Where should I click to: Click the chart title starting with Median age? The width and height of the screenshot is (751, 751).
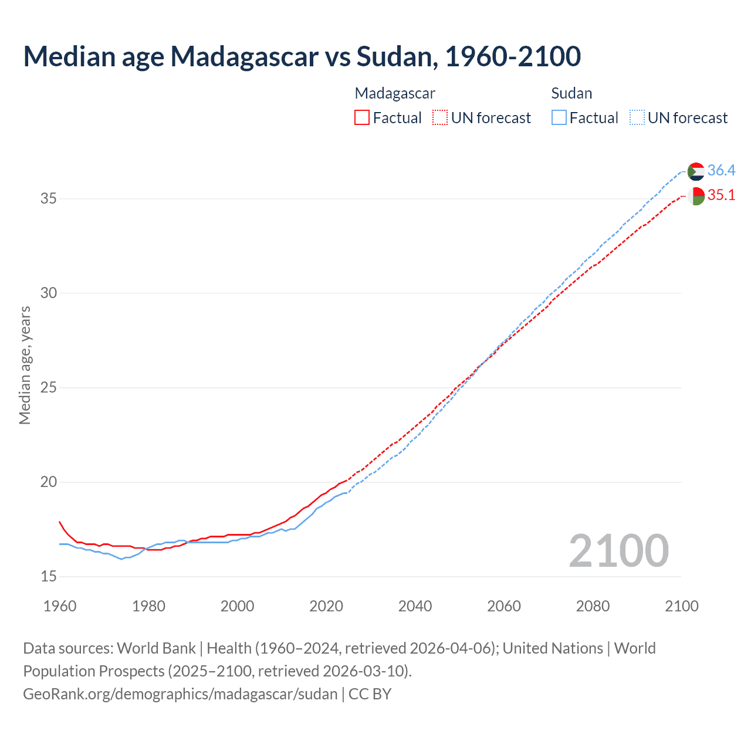(302, 56)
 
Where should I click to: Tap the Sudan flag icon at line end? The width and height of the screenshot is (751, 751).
(696, 171)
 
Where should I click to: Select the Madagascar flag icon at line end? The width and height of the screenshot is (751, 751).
(696, 196)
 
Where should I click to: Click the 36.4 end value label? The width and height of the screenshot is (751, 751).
(721, 170)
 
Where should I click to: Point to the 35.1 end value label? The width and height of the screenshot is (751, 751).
(721, 195)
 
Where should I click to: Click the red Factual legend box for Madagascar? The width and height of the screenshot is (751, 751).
(362, 118)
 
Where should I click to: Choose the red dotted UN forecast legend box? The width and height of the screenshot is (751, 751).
(440, 118)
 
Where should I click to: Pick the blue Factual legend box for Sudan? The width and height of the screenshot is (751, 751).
(559, 118)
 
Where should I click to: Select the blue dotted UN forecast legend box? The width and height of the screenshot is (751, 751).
(637, 118)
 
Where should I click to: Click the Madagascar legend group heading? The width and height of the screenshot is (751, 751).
(395, 93)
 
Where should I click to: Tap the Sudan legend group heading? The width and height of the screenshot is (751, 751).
(571, 93)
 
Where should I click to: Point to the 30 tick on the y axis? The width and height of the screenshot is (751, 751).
(48, 293)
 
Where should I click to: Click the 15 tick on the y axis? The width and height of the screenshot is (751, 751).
(48, 576)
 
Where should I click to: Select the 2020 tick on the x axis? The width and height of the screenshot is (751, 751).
(326, 606)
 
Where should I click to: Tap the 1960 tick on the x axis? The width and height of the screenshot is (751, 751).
(60, 606)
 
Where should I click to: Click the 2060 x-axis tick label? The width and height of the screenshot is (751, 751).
(504, 606)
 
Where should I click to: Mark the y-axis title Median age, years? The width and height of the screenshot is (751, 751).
(25, 365)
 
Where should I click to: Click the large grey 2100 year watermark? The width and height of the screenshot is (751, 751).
(618, 550)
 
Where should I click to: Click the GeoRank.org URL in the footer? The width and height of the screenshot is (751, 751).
(180, 694)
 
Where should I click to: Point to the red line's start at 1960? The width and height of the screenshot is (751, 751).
(60, 522)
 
